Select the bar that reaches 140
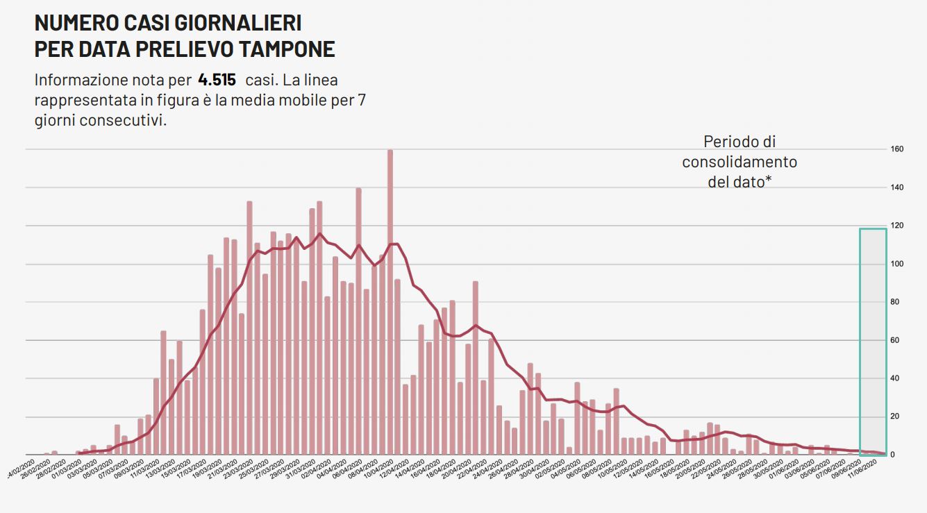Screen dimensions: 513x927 (x=358, y=319)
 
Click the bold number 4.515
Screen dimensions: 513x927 (x=216, y=80)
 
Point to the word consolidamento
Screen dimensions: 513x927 (x=740, y=162)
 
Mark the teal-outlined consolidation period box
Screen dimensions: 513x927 (x=873, y=340)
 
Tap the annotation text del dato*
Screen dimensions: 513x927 (x=740, y=182)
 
